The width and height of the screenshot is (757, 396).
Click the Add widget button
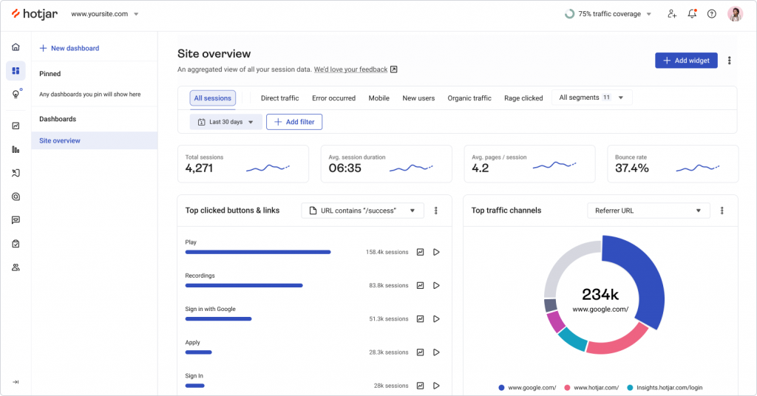click(x=686, y=61)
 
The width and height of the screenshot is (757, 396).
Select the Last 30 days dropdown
click(x=226, y=122)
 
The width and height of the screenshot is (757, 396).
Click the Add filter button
click(x=294, y=122)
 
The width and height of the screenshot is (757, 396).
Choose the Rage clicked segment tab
click(x=523, y=98)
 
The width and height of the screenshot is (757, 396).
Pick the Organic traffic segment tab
click(x=469, y=98)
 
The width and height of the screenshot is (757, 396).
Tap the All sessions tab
click(x=212, y=98)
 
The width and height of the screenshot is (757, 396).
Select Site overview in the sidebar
click(x=60, y=140)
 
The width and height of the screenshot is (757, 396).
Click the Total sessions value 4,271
click(x=199, y=168)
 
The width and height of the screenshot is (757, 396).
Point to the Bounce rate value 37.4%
click(x=632, y=168)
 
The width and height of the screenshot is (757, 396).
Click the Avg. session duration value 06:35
click(x=344, y=168)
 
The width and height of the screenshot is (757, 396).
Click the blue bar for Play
click(x=257, y=252)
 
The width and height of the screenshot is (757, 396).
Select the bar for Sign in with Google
click(x=218, y=319)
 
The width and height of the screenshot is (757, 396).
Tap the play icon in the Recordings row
click(x=436, y=285)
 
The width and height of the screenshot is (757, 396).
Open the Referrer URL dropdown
click(x=648, y=211)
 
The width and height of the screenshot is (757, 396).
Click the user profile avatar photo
click(x=735, y=14)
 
